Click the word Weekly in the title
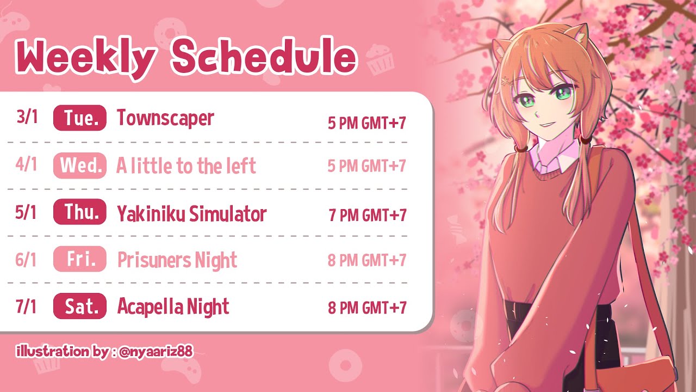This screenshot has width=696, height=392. (x=85, y=58)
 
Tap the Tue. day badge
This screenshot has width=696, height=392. (x=80, y=118)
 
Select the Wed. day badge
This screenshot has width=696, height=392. (x=80, y=165)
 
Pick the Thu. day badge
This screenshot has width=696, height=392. (x=80, y=212)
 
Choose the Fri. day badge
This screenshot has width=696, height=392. (x=80, y=259)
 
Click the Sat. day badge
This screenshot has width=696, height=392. (x=80, y=306)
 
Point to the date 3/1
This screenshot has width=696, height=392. (x=27, y=117)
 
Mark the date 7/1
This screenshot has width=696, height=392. (x=26, y=306)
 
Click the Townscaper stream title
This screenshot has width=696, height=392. (x=165, y=119)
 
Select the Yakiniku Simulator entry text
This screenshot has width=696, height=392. (x=192, y=214)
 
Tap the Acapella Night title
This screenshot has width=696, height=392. (x=173, y=307)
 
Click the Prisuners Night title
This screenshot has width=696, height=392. (x=177, y=260)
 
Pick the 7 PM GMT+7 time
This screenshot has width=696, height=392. (x=368, y=215)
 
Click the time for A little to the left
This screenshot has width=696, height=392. (x=367, y=166)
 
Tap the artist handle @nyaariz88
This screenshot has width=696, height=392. (x=156, y=352)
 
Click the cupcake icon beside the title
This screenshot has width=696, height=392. (x=380, y=60)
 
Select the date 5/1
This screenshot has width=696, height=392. (x=26, y=213)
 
